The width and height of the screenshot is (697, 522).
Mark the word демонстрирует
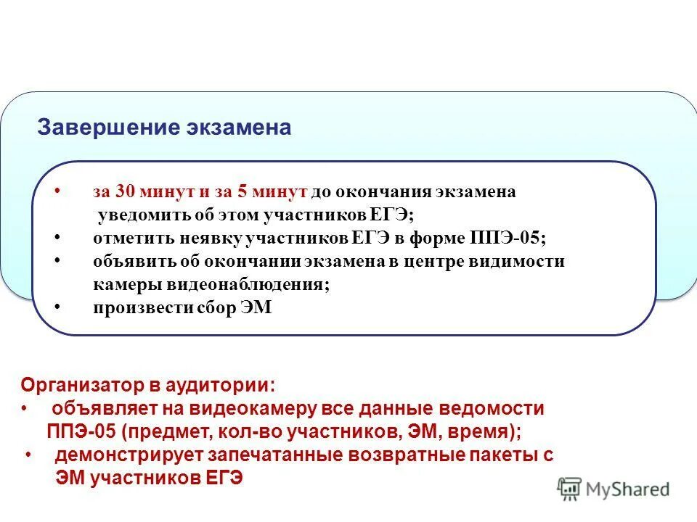click(129, 455)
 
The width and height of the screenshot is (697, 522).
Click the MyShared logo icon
click(571, 489)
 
